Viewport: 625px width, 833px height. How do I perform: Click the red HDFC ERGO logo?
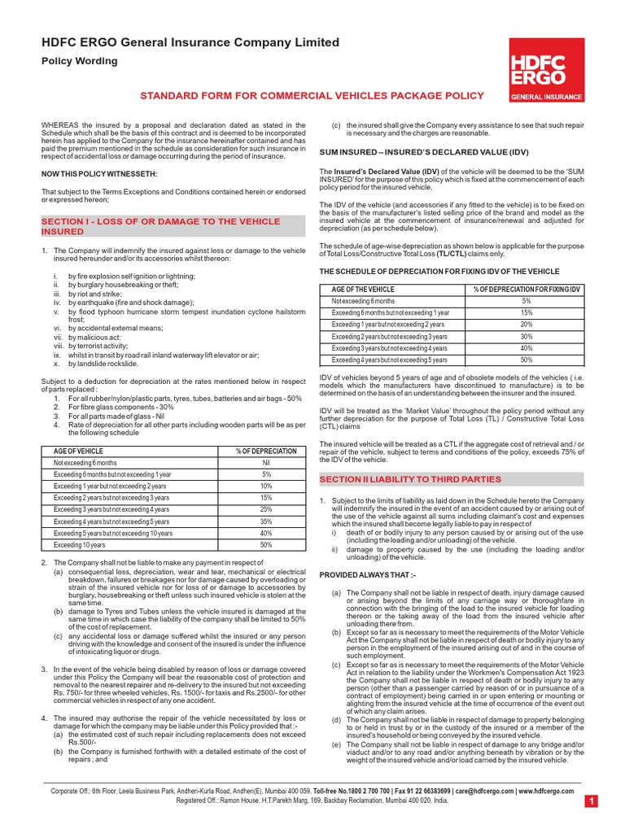pos(546,69)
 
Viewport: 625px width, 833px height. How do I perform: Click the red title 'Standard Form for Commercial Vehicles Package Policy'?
pos(312,95)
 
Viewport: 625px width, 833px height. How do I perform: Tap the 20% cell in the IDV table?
pos(527,324)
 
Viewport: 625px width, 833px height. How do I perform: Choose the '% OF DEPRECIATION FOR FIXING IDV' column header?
pos(527,289)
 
